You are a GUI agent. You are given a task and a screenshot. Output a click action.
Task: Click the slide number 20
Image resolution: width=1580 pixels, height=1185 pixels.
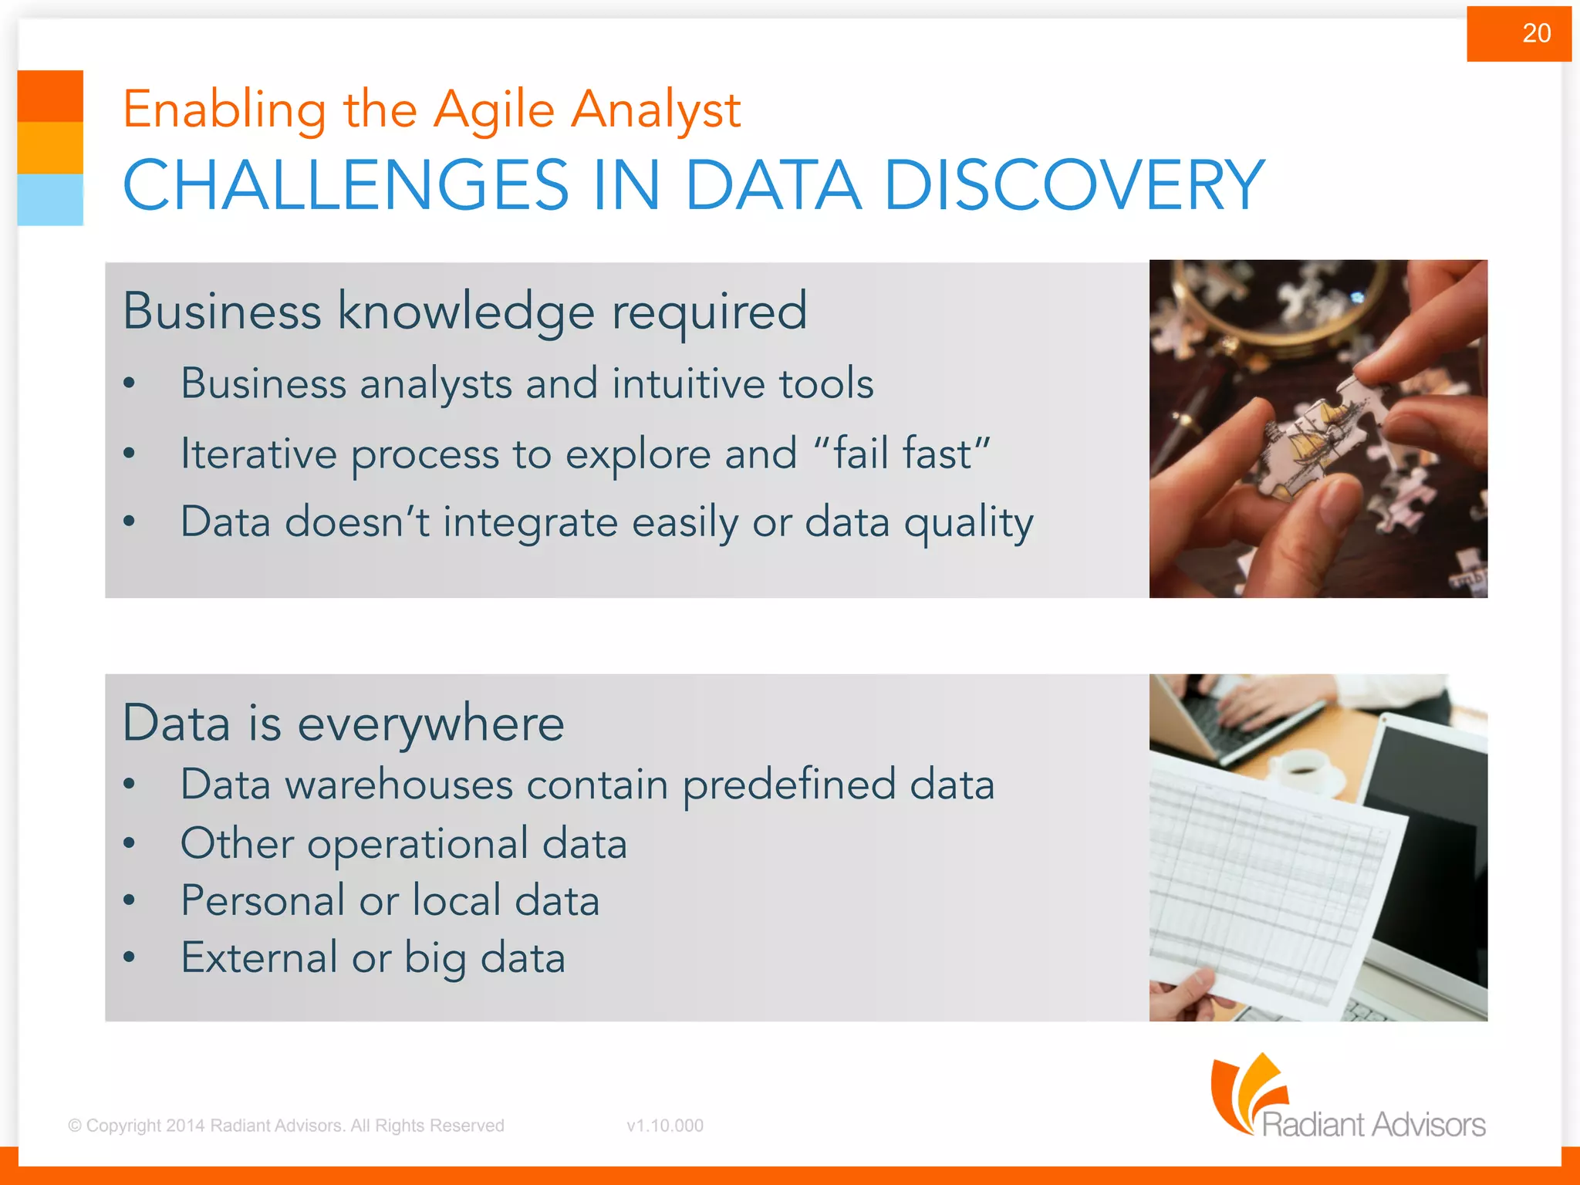[1536, 33]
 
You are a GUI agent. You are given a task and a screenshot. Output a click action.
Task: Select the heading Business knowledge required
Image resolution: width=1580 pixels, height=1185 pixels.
[464, 311]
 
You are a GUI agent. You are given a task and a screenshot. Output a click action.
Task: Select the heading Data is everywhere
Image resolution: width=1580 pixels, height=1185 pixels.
[343, 724]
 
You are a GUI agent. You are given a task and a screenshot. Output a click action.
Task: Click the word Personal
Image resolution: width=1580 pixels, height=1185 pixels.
[262, 900]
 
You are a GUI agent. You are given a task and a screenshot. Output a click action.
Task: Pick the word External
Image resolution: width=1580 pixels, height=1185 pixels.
[259, 957]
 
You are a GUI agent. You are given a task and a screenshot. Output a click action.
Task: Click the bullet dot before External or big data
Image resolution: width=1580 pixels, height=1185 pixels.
[130, 958]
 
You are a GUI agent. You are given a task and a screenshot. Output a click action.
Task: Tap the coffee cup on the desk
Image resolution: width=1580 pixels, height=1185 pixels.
[1304, 768]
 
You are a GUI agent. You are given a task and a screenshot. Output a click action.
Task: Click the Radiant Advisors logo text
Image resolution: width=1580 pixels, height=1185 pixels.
[1373, 1124]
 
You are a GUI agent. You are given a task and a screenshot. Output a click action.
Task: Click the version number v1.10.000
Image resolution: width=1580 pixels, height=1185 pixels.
[665, 1126]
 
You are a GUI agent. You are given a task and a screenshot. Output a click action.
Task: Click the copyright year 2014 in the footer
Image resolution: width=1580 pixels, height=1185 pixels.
[185, 1126]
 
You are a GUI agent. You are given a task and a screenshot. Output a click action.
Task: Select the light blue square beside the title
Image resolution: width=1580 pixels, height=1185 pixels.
[50, 199]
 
